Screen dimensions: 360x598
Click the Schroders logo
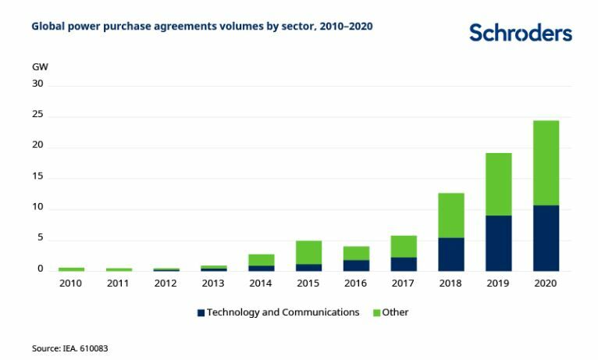tap(520, 33)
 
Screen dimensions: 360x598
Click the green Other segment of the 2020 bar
tap(546, 162)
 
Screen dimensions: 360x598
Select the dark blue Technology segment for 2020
tap(546, 237)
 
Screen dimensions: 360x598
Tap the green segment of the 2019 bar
tap(498, 184)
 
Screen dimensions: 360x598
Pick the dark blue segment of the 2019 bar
tap(498, 243)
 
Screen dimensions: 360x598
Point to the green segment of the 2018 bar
tap(450, 215)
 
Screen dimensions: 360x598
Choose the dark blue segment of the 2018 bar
tap(450, 254)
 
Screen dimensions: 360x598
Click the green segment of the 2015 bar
tap(308, 252)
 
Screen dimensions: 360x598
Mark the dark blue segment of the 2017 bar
tap(404, 264)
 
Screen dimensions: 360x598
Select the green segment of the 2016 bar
tap(356, 253)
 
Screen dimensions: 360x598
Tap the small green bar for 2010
tap(71, 269)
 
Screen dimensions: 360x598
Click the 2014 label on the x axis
tap(261, 283)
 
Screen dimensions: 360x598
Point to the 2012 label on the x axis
tap(166, 283)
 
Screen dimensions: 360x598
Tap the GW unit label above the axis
tap(40, 66)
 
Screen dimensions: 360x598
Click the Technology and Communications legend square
tap(201, 312)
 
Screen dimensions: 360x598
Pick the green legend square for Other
tap(376, 312)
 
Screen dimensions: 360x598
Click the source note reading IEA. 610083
tap(69, 348)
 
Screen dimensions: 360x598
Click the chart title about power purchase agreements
tap(201, 27)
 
